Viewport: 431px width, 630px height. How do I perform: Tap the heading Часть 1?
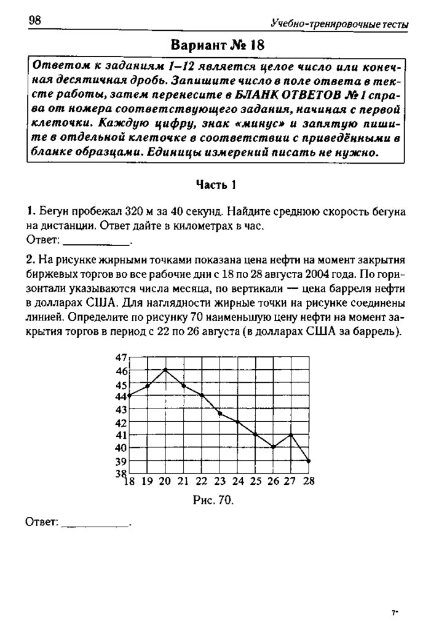tap(216, 184)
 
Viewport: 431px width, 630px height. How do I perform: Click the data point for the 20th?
tap(165, 370)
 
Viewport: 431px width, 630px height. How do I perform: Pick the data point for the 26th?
tap(273, 447)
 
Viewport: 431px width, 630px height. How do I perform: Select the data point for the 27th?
tap(291, 434)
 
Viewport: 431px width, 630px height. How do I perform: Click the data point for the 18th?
tap(130, 396)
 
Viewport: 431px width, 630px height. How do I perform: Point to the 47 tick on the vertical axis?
tap(121, 357)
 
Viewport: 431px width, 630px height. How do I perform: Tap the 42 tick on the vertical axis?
tap(121, 423)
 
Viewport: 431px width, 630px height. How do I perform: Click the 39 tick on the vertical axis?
tap(121, 461)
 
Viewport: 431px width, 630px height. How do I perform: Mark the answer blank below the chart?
tap(97, 522)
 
